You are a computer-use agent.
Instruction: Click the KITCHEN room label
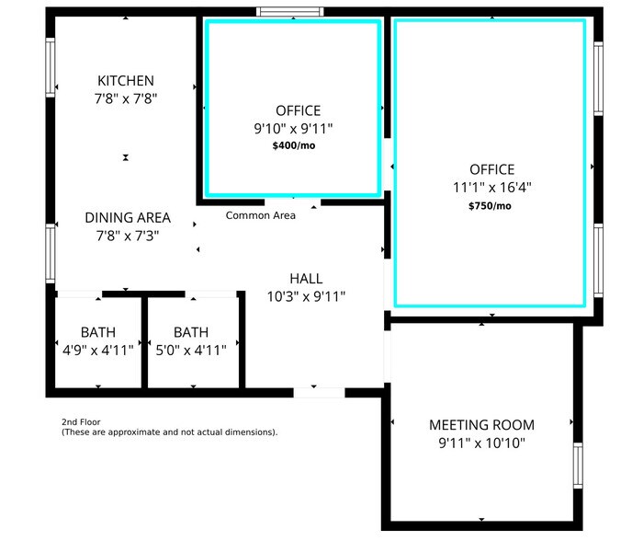tap(127, 81)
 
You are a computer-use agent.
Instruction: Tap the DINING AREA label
tap(128, 218)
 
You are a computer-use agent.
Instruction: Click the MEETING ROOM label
tap(481, 425)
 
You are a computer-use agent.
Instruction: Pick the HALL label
tap(306, 279)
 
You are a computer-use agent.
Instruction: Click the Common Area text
tap(261, 215)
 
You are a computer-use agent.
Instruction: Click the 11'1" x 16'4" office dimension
tap(491, 187)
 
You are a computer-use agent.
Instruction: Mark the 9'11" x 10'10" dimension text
tap(481, 443)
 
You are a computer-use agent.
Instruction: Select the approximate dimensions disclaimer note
tap(169, 432)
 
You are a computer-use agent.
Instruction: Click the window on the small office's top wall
tap(289, 12)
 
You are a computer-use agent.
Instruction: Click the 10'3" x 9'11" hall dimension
tap(306, 296)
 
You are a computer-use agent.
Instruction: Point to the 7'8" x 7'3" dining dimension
tap(128, 236)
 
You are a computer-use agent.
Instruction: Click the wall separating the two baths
tap(144, 341)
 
